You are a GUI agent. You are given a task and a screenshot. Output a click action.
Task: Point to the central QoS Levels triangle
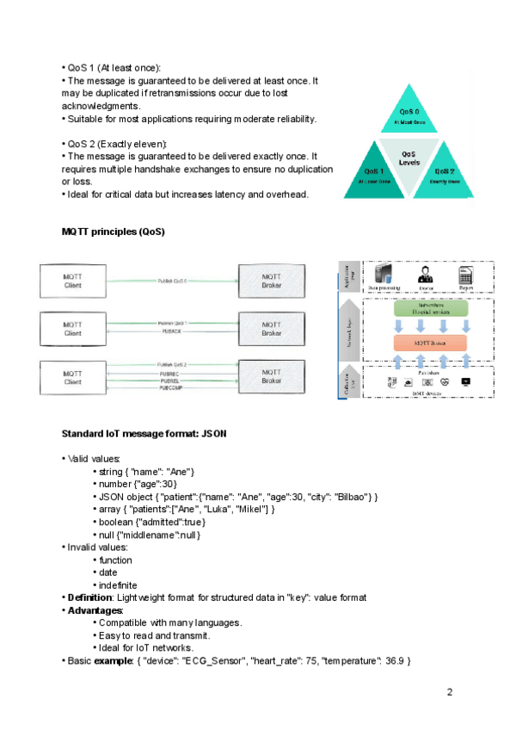tap(409, 160)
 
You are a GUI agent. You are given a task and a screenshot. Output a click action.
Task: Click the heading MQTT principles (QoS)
tap(113, 232)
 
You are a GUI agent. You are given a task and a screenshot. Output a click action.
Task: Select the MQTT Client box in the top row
tap(73, 281)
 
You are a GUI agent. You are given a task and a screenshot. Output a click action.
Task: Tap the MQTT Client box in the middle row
tap(73, 328)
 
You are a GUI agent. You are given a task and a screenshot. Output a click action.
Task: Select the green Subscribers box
tap(430, 308)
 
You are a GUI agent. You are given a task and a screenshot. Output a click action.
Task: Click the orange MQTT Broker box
tap(430, 343)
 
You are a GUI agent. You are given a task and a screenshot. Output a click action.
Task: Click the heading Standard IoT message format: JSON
tap(144, 434)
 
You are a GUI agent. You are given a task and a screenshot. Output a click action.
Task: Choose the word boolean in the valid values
tap(116, 522)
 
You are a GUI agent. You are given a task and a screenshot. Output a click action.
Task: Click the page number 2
tap(449, 692)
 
